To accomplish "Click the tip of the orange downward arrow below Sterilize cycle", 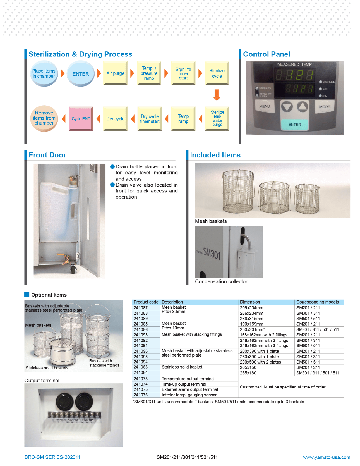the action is click(x=217, y=100).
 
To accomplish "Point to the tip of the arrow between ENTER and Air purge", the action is click(x=101, y=73).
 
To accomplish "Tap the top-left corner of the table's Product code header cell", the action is click(x=132, y=300).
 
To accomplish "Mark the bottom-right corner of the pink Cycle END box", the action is click(x=93, y=130).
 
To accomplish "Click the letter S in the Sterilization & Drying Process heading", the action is click(x=31, y=54).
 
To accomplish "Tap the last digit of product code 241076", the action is click(x=147, y=395).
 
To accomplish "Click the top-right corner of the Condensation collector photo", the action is click(x=263, y=226).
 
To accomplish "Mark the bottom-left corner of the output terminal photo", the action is click(x=25, y=446).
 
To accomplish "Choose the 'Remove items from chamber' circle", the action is click(x=44, y=118).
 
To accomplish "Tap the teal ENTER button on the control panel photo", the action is click(x=295, y=125).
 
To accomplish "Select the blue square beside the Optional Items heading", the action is click(x=27, y=295).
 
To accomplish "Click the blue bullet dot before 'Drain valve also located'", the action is click(x=112, y=185).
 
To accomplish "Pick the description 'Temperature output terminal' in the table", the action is click(x=188, y=379).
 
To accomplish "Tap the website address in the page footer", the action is click(x=327, y=457).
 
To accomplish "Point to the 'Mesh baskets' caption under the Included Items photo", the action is click(x=211, y=221).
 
